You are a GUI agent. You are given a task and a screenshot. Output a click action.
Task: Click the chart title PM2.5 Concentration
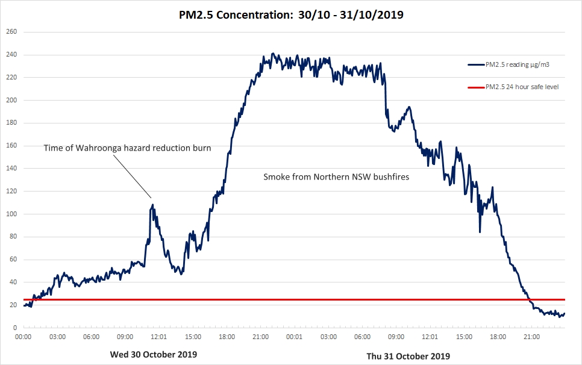click(291, 14)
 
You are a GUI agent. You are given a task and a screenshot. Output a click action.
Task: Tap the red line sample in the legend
click(475, 87)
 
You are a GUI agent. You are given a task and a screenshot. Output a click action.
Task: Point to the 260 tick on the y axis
click(11, 32)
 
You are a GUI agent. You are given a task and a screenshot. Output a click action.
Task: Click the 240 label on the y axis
click(11, 55)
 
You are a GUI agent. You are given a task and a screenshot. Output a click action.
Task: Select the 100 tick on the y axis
click(11, 214)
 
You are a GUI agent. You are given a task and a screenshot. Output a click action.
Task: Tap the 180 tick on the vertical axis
click(11, 123)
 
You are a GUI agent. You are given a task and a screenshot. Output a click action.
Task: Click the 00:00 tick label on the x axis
click(23, 337)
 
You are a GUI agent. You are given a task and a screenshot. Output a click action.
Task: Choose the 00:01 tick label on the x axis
click(295, 337)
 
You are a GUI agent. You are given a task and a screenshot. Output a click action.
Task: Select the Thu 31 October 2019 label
click(408, 356)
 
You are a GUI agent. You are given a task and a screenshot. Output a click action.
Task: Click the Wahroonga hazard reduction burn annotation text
click(127, 148)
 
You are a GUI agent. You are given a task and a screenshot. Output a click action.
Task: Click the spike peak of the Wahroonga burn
click(152, 205)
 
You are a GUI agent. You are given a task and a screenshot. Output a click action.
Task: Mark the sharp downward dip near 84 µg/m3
click(480, 231)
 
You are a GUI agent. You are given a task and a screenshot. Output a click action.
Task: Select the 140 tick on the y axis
click(11, 169)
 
